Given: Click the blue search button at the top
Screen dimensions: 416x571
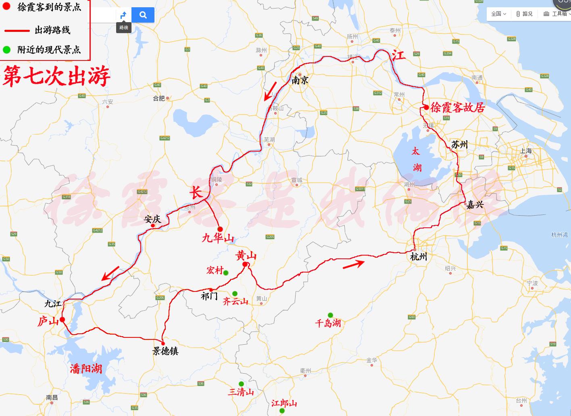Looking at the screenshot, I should (143, 15).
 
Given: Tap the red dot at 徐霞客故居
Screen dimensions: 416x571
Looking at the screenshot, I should (426, 107).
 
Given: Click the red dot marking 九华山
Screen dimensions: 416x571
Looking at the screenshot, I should (220, 229).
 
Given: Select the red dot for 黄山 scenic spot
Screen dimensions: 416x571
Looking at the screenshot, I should (245, 264).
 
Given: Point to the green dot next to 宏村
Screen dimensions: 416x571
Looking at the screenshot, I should (226, 273).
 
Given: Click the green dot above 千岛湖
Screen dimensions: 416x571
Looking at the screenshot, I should (330, 315).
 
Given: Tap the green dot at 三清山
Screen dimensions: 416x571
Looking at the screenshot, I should (241, 384).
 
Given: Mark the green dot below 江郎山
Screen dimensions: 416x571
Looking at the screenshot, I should (282, 411).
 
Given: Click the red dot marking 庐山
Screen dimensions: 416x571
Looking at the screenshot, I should (63, 320).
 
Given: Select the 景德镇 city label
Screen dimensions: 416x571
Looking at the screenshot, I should (165, 351).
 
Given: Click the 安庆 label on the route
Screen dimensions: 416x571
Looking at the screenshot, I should (152, 219).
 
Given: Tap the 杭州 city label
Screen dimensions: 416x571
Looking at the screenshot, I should (419, 257).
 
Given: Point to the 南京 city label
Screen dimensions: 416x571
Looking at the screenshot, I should (300, 81).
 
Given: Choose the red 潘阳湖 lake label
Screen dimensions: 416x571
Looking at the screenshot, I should (86, 368).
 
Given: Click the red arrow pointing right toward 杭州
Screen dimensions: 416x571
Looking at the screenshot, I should (354, 264).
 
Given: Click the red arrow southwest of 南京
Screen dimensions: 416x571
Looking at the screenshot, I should (270, 91).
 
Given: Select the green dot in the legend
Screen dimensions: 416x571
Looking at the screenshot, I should (7, 50).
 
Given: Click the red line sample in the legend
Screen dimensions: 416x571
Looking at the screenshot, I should (17, 30).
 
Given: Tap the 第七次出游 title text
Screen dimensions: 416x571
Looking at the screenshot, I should (56, 76).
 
